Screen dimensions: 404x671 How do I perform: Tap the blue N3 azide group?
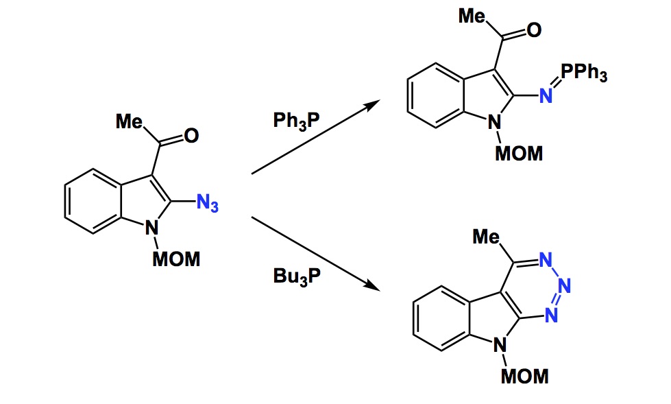(x=208, y=203)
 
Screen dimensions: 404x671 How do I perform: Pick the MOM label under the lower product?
(x=525, y=376)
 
